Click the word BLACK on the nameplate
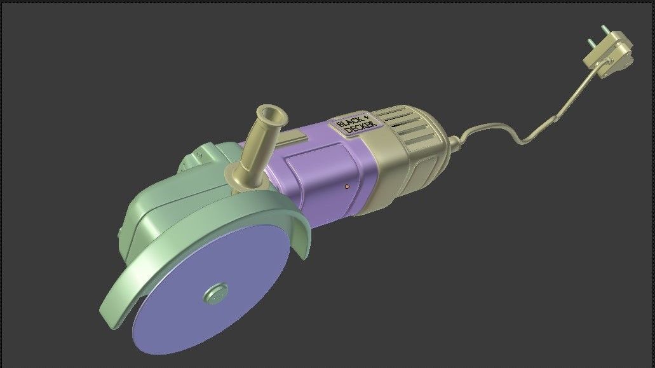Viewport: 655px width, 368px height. pyautogui.click(x=350, y=121)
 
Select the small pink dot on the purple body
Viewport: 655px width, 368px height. pyautogui.click(x=347, y=186)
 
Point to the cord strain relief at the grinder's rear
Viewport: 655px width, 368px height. pyautogui.click(x=455, y=143)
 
